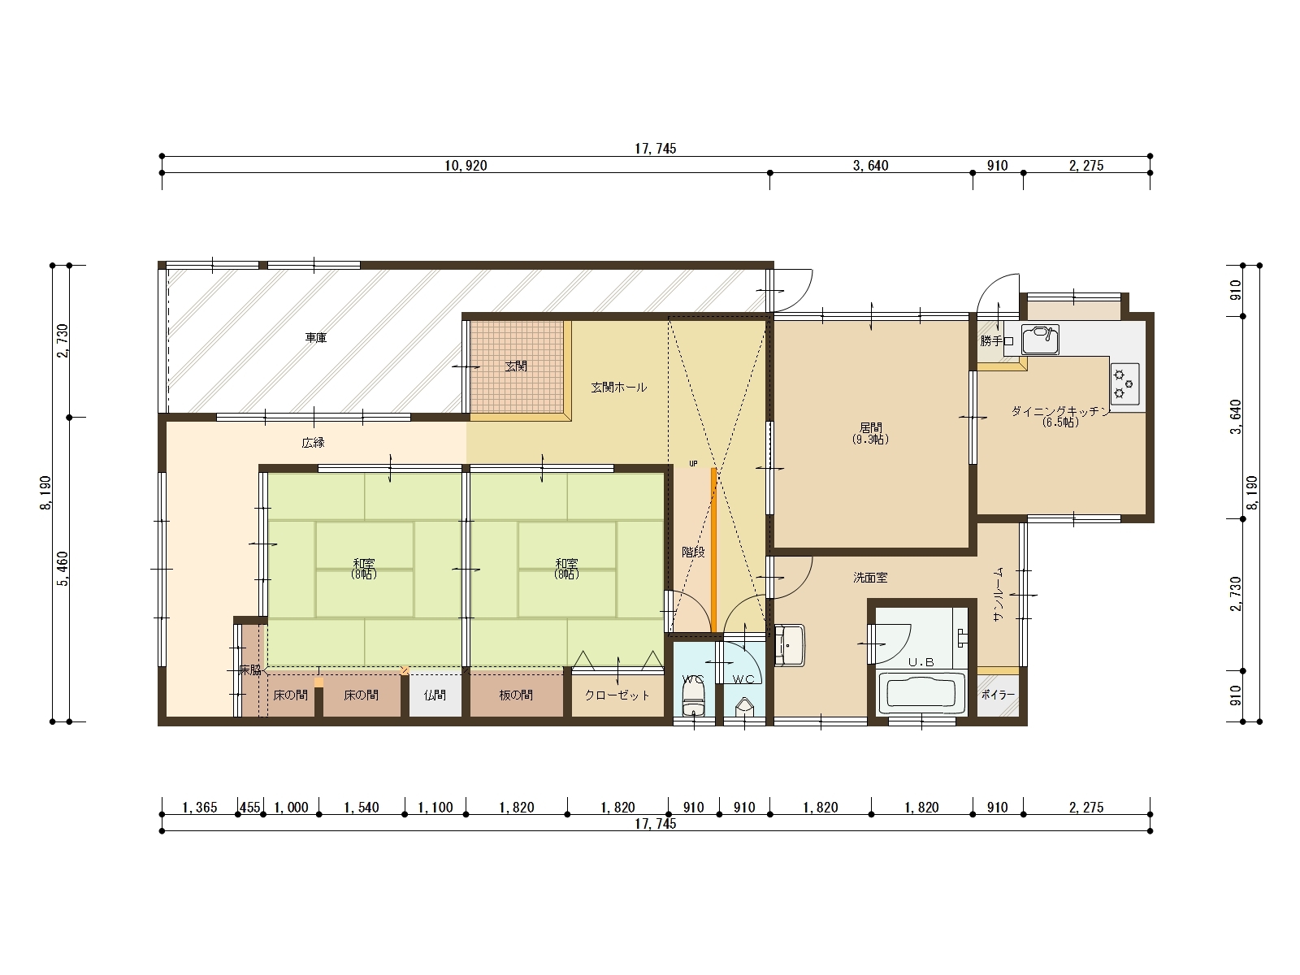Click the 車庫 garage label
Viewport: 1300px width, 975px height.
[x=316, y=337]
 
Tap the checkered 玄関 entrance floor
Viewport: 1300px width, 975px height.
[x=517, y=367]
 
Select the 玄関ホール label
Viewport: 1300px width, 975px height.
[x=619, y=388]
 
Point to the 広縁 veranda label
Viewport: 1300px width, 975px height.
[x=314, y=442]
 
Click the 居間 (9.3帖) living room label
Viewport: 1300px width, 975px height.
[x=871, y=433]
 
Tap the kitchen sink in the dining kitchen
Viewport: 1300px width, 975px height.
[x=1040, y=340]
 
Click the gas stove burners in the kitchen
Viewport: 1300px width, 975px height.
[x=1124, y=383]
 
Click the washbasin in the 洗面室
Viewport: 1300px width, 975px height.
[x=789, y=645]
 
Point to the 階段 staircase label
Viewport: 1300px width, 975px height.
[x=693, y=552]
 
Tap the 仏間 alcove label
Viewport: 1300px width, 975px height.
[x=435, y=695]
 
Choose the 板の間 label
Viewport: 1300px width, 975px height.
[x=516, y=695]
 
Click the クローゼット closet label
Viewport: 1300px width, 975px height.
[x=617, y=695]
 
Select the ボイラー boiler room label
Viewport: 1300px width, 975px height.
[x=998, y=695]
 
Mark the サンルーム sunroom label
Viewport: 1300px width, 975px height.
[x=998, y=594]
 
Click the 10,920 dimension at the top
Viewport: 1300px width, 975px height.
[x=466, y=166]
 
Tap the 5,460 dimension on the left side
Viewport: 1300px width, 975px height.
[x=63, y=569]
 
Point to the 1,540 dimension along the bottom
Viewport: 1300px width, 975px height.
[x=362, y=808]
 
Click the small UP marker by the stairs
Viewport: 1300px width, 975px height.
[x=693, y=463]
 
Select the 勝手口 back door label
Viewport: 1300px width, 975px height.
[x=997, y=341]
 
